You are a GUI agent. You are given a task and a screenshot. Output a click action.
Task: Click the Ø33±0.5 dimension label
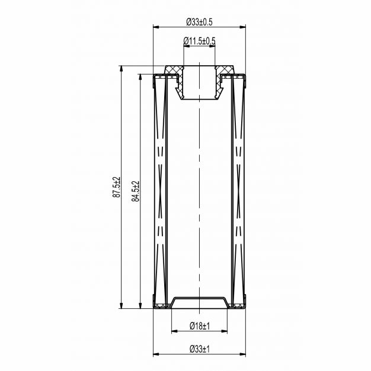point(199,22)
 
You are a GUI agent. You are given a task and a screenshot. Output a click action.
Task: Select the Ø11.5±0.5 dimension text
point(199,41)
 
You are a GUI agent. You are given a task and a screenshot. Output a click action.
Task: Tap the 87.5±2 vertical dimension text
point(117,187)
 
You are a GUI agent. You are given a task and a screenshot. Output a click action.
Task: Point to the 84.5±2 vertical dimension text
point(136,191)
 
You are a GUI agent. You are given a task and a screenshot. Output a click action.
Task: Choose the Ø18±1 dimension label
point(200,327)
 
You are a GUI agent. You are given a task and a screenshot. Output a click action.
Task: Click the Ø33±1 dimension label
point(200,349)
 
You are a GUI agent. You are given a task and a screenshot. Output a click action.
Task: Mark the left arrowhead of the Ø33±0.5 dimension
point(156,27)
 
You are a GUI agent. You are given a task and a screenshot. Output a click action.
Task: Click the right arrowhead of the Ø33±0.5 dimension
point(243,27)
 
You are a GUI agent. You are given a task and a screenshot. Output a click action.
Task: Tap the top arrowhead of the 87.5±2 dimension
point(121,69)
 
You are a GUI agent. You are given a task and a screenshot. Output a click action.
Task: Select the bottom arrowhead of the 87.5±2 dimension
point(121,305)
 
